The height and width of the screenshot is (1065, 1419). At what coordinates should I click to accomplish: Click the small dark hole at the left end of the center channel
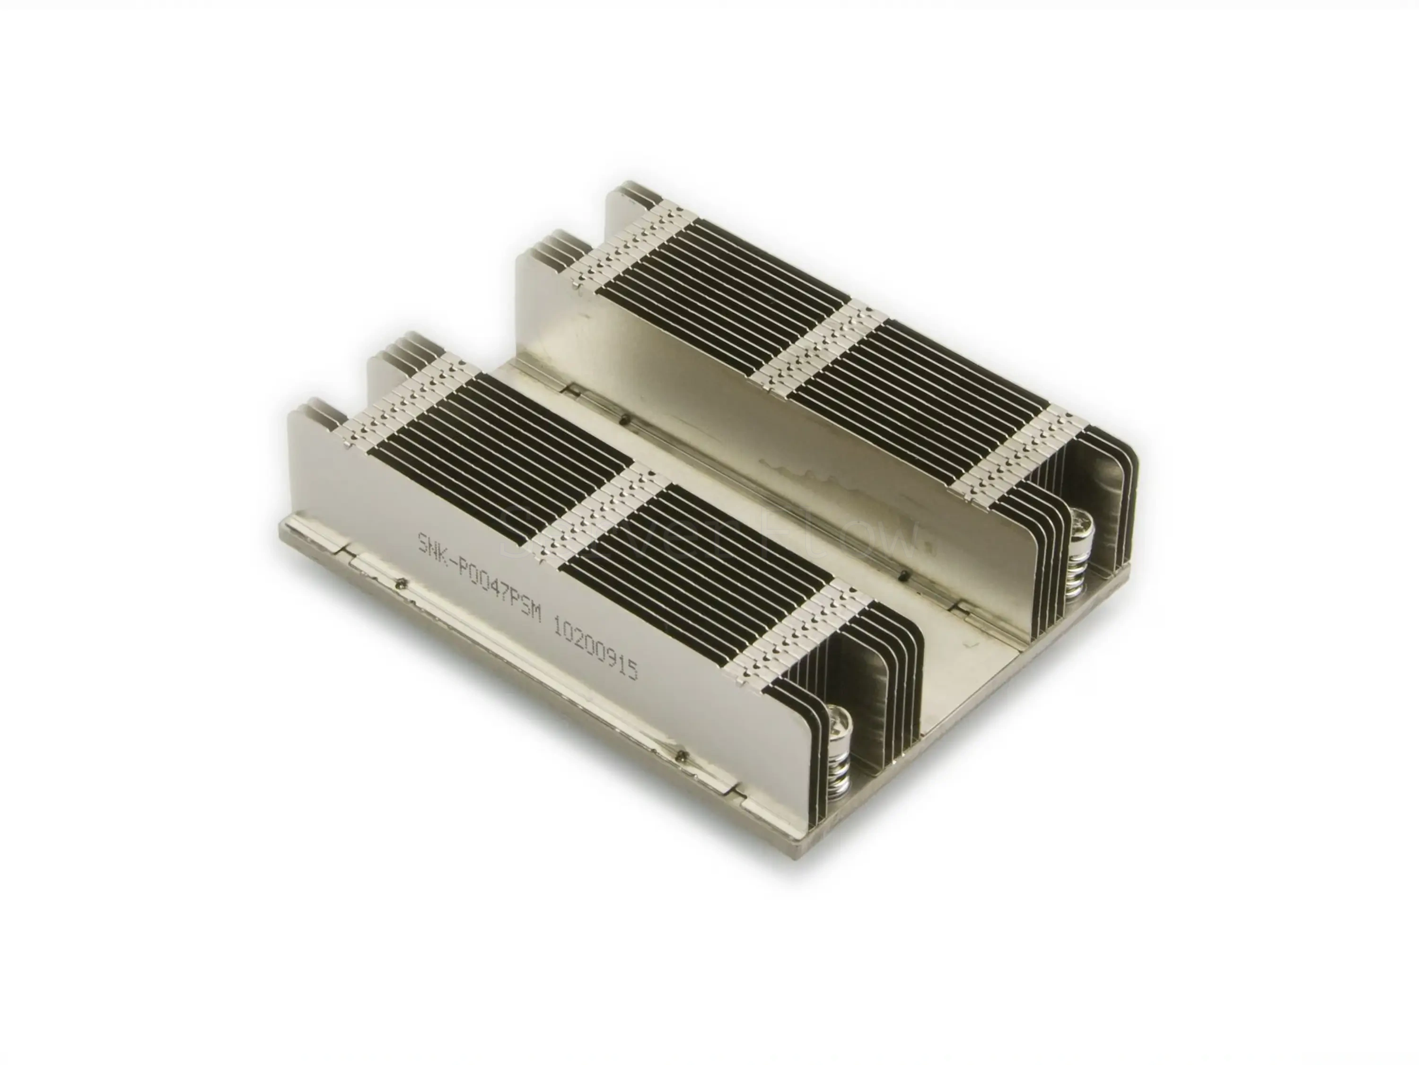click(x=625, y=421)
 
